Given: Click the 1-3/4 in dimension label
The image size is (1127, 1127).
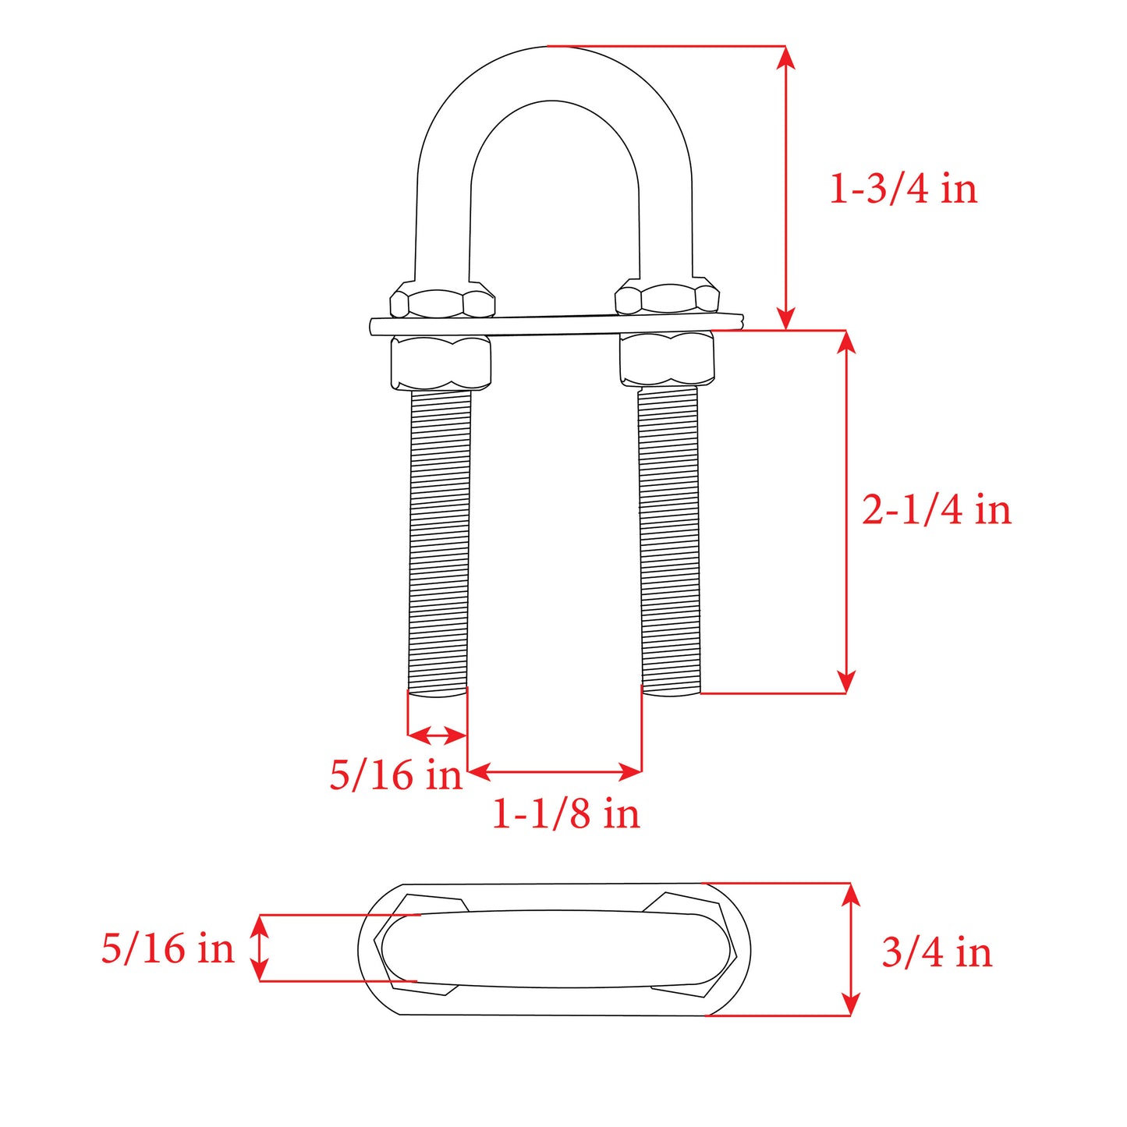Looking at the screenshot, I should point(902,190).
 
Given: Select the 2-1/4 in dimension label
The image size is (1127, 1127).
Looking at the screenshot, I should point(936,510).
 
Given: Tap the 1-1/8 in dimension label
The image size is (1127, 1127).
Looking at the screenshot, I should point(565,813).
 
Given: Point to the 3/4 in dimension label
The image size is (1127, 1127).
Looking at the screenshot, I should point(936,952).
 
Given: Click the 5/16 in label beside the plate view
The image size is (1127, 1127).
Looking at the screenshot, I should point(168,948).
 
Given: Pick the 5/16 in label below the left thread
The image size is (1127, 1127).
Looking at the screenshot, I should point(395,775).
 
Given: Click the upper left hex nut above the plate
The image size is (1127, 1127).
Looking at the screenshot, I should point(442,300).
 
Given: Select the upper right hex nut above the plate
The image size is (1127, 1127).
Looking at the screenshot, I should point(667,299).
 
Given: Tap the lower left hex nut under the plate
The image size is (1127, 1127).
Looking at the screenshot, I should point(441,363).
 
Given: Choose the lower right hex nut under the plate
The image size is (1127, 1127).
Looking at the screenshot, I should point(668,359).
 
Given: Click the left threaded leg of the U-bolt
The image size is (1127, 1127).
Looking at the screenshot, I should point(440,538).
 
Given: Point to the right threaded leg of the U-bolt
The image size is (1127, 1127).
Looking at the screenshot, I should point(669,538).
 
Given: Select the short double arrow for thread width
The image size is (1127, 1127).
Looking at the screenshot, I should point(437,735).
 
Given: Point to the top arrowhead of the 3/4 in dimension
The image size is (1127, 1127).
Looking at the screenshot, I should point(851,894).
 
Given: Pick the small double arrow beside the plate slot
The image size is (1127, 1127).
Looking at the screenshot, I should point(260,948).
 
